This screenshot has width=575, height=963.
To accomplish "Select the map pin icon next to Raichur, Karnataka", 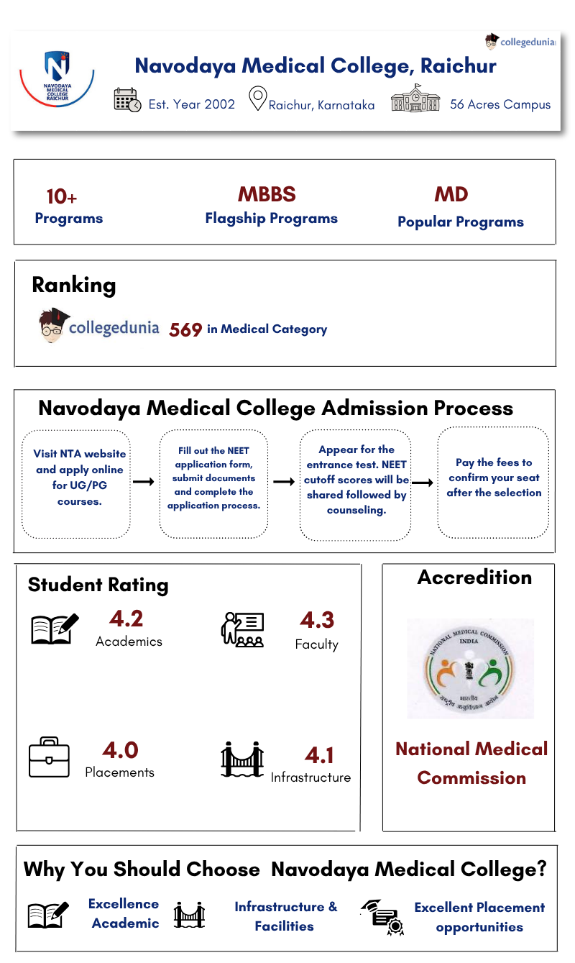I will [257, 99].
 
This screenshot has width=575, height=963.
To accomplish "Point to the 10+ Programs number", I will [62, 196].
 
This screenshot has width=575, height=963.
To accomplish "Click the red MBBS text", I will [267, 194].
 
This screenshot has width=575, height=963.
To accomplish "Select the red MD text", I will [451, 194].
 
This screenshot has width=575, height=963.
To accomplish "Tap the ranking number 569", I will [185, 330].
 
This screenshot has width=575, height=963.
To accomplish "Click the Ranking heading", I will [73, 285].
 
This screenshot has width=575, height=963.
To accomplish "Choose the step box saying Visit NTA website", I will [77, 483].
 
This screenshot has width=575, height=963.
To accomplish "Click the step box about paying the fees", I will [493, 482].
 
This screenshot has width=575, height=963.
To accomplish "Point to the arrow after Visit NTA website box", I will [144, 481].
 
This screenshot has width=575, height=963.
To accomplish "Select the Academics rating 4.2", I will [126, 619].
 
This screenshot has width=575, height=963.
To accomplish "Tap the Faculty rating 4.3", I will [317, 620].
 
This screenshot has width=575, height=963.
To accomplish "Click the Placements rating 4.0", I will [120, 750].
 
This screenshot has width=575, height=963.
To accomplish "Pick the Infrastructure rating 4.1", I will [319, 755].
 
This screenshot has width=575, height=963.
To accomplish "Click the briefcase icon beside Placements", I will [50, 757].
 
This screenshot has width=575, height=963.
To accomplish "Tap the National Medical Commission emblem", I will [471, 668].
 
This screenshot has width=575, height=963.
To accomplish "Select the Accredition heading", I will [474, 578].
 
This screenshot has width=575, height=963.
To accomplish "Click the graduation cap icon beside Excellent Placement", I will [381, 916].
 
